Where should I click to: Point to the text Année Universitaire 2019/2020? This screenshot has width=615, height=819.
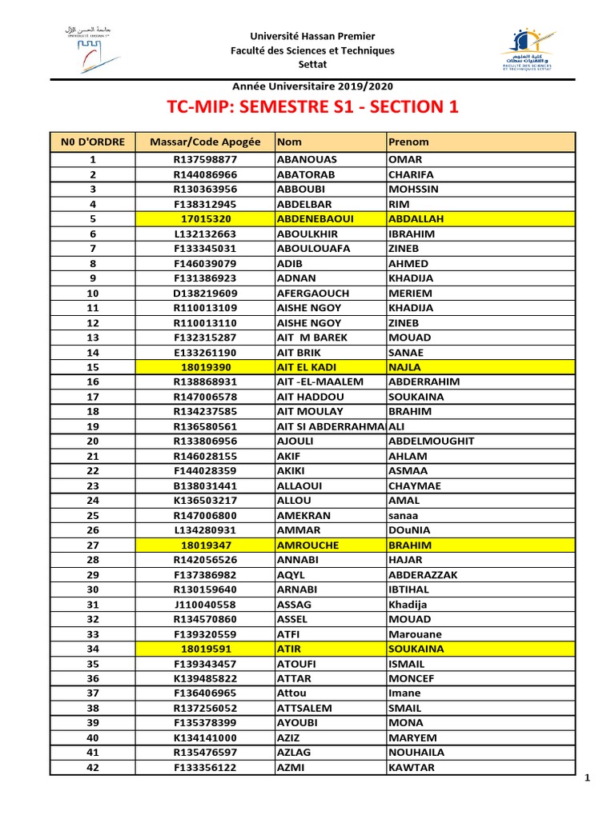[x=312, y=86]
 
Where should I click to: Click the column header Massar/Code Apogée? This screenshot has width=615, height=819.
[x=205, y=142]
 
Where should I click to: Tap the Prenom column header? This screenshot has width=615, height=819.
[x=408, y=142]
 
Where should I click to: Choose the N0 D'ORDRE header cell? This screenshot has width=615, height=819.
[x=93, y=142]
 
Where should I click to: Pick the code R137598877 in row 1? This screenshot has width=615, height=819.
[x=205, y=159]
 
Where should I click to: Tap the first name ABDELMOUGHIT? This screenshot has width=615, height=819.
[x=431, y=441]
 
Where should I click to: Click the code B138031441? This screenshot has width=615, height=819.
[x=205, y=485]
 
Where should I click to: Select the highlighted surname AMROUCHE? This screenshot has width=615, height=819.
[x=308, y=545]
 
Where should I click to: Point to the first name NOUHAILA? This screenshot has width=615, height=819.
[x=416, y=753]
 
